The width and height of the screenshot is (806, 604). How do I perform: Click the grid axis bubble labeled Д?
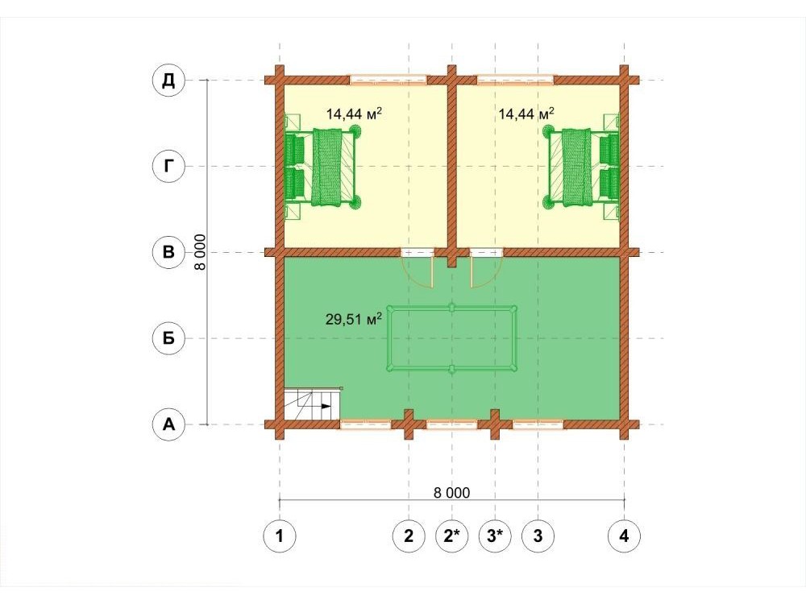pos(168,81)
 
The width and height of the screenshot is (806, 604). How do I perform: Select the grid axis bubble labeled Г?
pos(168,167)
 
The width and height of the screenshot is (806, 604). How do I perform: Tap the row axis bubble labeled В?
pos(168,253)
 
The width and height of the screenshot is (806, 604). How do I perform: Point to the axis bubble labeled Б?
pos(168,338)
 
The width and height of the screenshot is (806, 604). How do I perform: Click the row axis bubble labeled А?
pos(168,424)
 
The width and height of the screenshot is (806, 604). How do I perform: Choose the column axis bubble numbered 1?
pos(280,536)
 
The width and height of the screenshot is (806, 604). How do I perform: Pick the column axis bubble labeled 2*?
pos(452,536)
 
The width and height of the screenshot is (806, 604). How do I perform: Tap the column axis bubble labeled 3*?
pos(495,536)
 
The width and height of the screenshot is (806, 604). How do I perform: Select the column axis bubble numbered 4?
pos(624,536)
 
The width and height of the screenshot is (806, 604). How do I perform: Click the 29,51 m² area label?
pos(354,320)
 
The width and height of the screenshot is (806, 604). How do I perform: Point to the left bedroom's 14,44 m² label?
pos(354,114)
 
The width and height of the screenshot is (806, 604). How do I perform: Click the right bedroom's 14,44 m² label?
pos(526,114)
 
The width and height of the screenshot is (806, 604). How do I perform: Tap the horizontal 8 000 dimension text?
pos(452,493)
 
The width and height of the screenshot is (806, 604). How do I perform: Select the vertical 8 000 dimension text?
pos(200,252)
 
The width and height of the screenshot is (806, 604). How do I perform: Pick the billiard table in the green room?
pos(452,338)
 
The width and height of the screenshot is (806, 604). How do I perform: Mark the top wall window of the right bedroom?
pos(516,80)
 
